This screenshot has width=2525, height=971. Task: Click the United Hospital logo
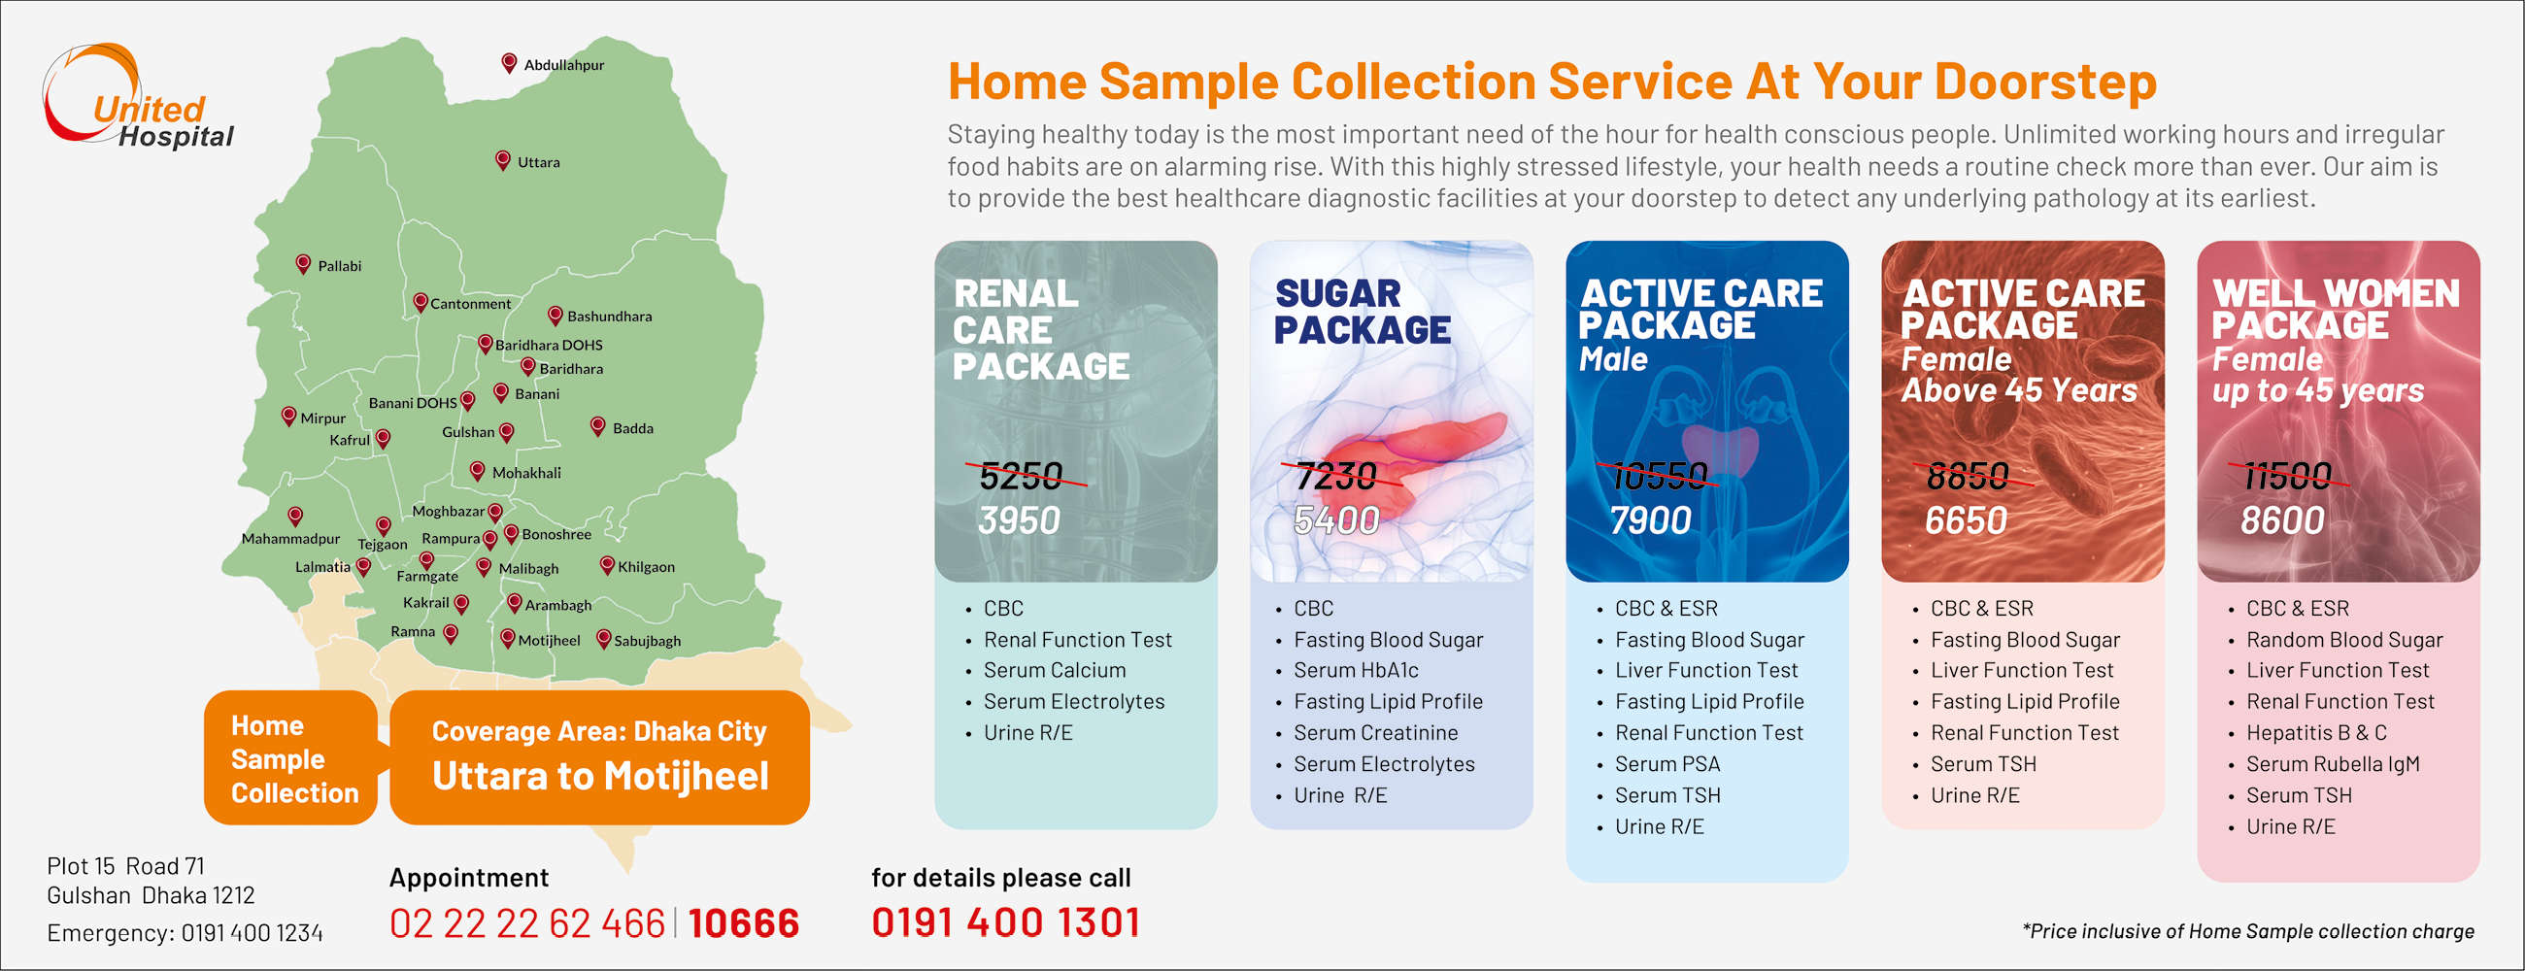point(138,96)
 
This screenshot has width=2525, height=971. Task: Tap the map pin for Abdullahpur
point(509,63)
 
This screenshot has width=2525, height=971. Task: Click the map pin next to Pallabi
point(303,263)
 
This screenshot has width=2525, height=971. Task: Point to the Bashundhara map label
point(609,317)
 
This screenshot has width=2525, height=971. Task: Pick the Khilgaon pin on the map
point(607,565)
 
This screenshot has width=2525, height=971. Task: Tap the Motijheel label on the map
point(549,641)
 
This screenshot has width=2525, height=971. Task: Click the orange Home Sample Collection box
point(291,757)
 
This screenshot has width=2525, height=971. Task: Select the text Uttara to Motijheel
point(600,776)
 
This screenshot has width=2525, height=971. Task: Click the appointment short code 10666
point(743,923)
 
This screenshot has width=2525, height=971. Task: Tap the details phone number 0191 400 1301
point(1006,922)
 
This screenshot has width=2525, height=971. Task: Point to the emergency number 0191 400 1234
point(252,933)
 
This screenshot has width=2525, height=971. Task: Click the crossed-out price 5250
point(1022,476)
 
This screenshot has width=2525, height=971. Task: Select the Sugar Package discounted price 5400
point(1336,520)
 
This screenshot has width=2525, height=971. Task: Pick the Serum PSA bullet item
point(1666,764)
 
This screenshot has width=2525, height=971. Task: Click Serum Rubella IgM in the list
point(2332,764)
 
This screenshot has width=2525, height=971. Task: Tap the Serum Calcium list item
point(1055,670)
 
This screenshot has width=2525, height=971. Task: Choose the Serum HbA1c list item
point(1356,670)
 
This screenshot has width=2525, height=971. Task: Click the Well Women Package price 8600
point(2282,520)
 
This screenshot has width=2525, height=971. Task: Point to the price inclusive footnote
point(2247,931)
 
